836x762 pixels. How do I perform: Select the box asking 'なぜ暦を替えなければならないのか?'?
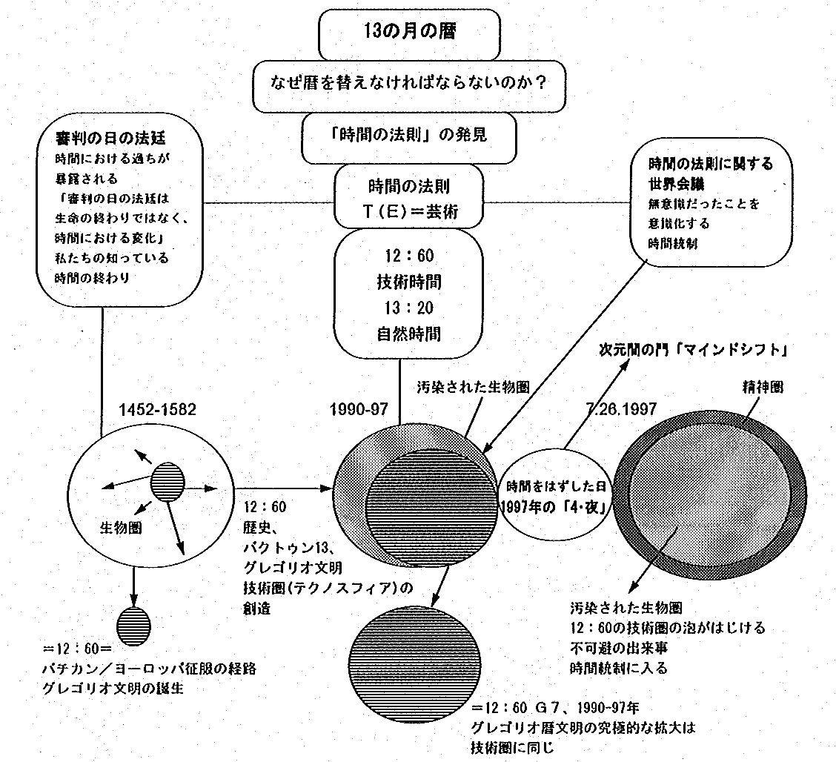click(x=408, y=82)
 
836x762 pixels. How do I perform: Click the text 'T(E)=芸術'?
click(x=408, y=212)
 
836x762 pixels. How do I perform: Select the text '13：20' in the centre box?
click(x=408, y=309)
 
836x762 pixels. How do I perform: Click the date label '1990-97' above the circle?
click(x=361, y=410)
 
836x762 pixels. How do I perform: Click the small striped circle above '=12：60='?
click(x=133, y=620)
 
